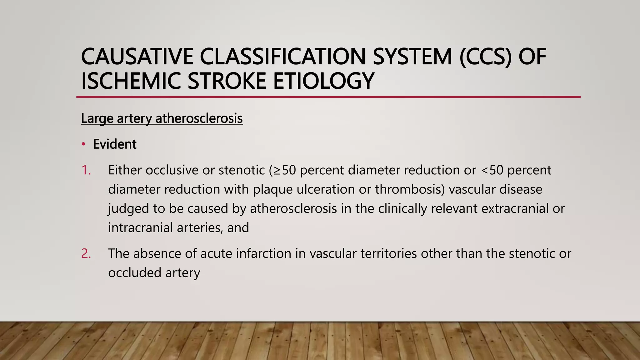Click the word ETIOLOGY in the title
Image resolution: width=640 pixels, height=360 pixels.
[x=323, y=81]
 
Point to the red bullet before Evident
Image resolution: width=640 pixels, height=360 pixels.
[x=83, y=144]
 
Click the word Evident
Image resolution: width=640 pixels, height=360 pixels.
[x=115, y=144]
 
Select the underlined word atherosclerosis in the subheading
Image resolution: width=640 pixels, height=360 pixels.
[x=199, y=118]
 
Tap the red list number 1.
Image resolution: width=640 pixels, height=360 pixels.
[x=86, y=170]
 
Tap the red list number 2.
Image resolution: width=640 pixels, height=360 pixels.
[x=86, y=253]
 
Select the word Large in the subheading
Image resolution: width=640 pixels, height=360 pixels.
[x=97, y=118]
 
